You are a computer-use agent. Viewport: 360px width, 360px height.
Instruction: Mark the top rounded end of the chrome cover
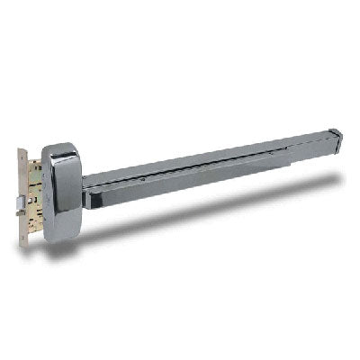[61, 146]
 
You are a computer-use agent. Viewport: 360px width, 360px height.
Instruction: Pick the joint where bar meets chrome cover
[84, 184]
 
